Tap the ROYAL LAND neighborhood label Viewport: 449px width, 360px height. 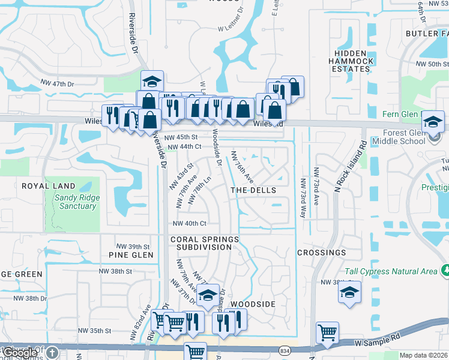tap(49, 186)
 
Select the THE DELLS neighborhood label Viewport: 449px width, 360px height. tap(253, 190)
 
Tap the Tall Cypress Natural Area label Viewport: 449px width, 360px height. tap(391, 271)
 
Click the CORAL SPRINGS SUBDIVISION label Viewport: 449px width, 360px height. tap(204, 243)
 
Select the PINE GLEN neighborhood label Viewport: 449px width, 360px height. tap(131, 255)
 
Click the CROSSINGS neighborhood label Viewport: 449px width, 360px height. tap(322, 253)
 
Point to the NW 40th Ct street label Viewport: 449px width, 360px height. tap(189, 224)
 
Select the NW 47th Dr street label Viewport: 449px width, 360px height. tap(57, 83)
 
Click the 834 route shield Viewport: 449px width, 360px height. tap(285, 349)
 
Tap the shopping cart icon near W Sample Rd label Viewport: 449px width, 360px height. tap(327, 332)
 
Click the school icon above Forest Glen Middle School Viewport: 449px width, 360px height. tap(432, 121)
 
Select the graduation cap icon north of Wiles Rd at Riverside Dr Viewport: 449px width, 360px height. tap(152, 81)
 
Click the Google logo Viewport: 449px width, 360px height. tap(20, 353)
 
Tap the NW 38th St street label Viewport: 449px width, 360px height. tap(117, 271)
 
